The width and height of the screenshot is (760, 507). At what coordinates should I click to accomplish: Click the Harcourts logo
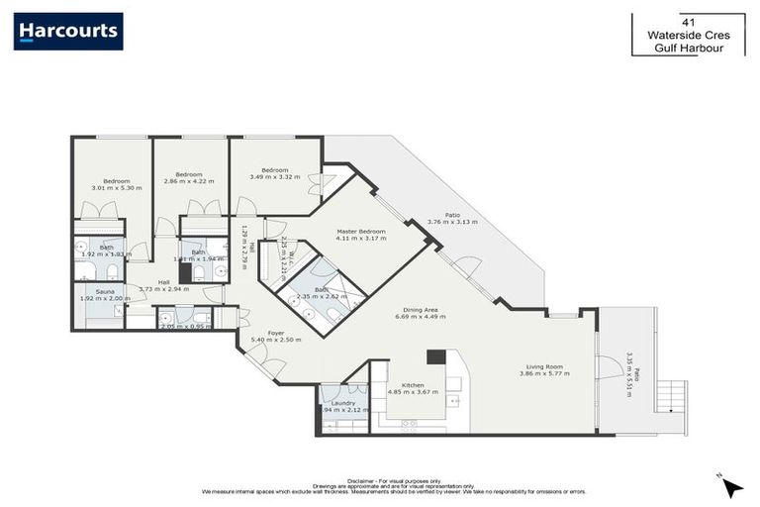coord(68,32)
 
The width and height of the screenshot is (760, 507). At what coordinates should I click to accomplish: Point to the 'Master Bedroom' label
coord(360,231)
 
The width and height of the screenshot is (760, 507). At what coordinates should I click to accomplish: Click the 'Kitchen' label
coord(413,384)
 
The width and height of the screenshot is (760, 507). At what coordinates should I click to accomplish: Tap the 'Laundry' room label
coord(343,403)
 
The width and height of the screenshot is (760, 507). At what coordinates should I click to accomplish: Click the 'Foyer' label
coord(274,333)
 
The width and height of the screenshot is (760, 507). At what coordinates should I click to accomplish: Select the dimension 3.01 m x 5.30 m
coord(117,187)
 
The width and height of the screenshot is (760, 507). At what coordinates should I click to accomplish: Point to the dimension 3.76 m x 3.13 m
coord(452,221)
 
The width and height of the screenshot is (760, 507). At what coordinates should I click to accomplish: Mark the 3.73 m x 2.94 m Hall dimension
coord(163,289)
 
